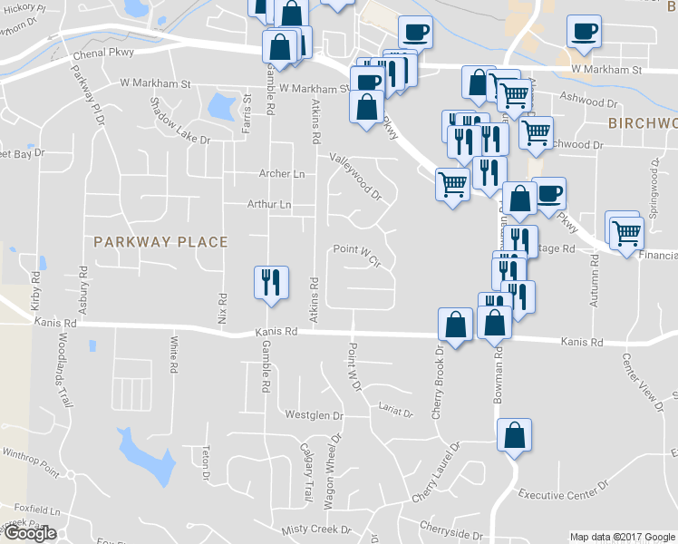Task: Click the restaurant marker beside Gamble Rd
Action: pyautogui.click(x=270, y=283)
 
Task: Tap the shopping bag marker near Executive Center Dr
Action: pyautogui.click(x=514, y=435)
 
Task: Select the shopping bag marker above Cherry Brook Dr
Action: pyautogui.click(x=455, y=325)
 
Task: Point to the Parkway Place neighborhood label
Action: pyautogui.click(x=160, y=241)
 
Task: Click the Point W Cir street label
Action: pyautogui.click(x=355, y=249)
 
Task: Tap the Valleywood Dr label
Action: pyautogui.click(x=356, y=175)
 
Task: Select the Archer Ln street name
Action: pyautogui.click(x=282, y=173)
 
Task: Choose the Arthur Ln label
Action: pyautogui.click(x=269, y=205)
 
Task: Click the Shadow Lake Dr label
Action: pyautogui.click(x=179, y=121)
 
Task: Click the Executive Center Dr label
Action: pyautogui.click(x=563, y=492)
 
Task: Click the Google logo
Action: pyautogui.click(x=30, y=533)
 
